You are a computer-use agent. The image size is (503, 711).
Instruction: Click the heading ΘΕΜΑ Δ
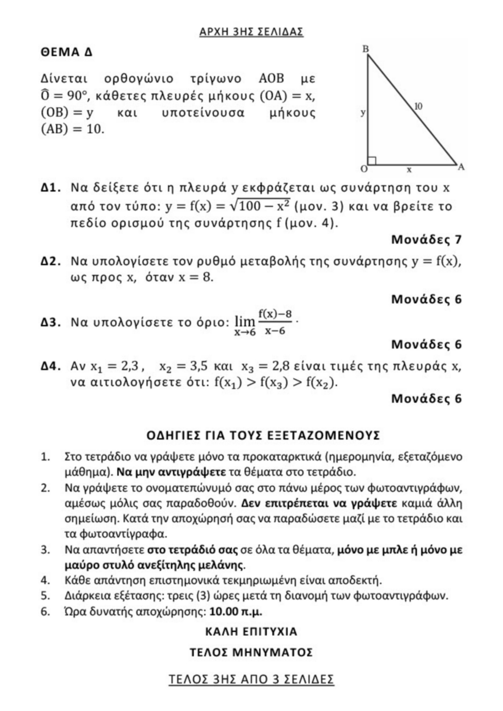tap(67, 52)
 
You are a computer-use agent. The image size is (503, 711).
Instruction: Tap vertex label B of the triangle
tap(365, 49)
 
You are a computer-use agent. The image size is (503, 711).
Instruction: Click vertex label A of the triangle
tap(461, 167)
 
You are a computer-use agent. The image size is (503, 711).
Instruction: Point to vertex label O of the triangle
tap(363, 169)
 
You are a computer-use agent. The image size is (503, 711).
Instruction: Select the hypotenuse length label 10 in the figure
tap(418, 107)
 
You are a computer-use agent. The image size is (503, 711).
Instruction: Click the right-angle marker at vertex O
tap(372, 161)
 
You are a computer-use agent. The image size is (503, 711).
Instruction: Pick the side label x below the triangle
tap(409, 170)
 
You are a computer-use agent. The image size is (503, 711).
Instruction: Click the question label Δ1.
tap(51, 188)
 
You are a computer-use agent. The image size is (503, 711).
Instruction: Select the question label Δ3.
tap(51, 322)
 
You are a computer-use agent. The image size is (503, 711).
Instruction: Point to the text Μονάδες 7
tap(426, 240)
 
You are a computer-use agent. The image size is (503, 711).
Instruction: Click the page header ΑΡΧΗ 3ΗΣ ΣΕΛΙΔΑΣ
tap(251, 32)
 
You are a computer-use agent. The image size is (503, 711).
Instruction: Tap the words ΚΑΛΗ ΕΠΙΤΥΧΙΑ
tap(251, 632)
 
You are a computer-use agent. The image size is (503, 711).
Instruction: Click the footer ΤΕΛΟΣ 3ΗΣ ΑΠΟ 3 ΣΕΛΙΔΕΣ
tap(251, 679)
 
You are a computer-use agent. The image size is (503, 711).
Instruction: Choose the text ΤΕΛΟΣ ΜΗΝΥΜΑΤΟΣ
tap(251, 653)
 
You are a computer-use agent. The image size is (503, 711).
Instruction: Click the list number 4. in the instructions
tap(45, 580)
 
